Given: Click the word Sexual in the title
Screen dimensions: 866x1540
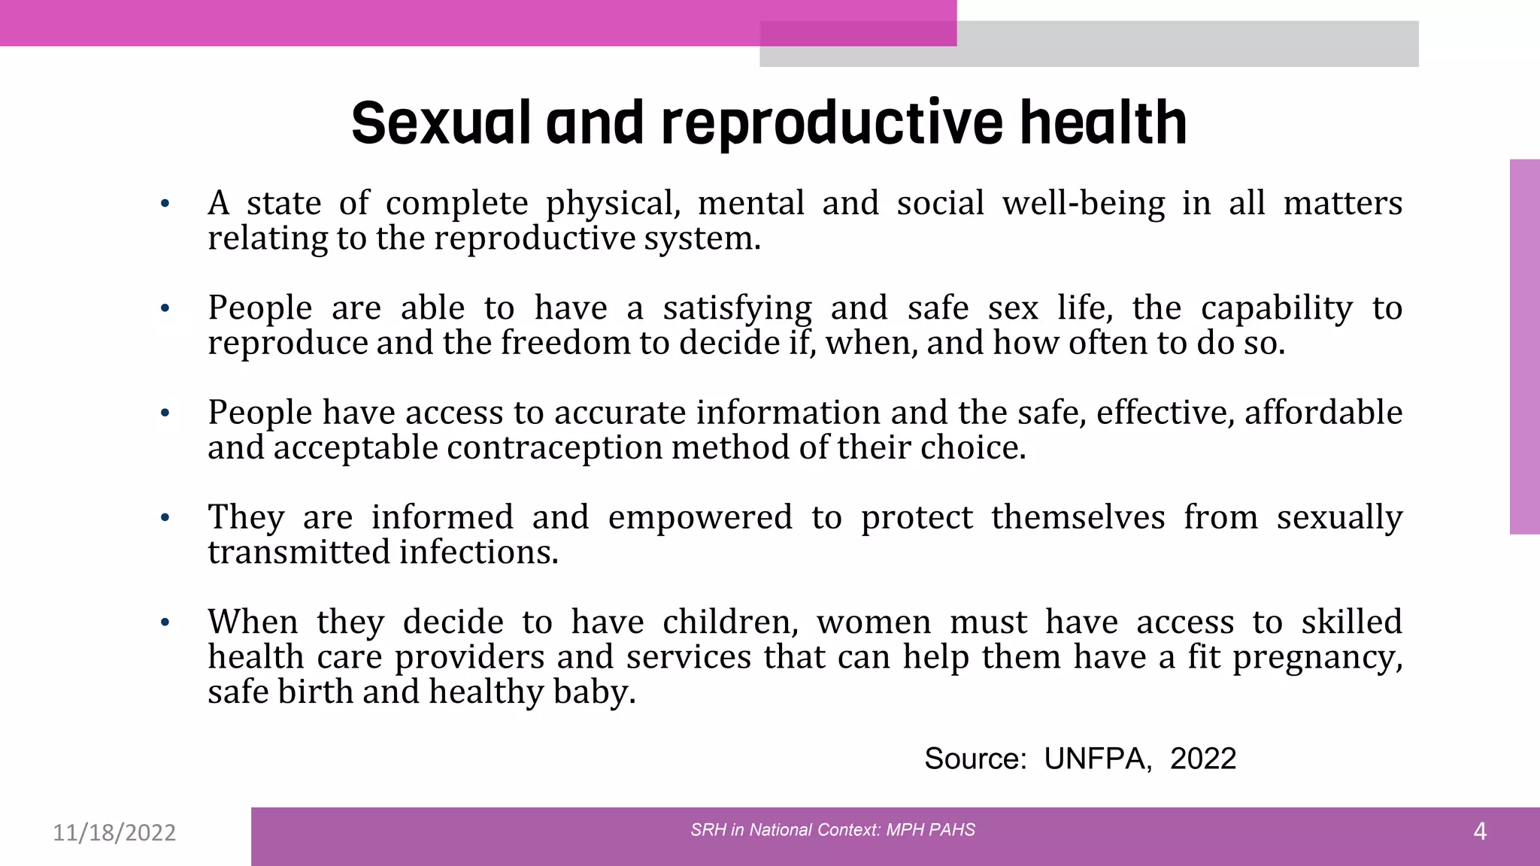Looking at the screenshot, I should click(x=441, y=123).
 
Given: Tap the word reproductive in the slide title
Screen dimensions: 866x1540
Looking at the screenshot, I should click(x=831, y=123).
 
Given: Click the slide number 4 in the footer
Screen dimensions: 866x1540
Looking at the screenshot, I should click(x=1479, y=831).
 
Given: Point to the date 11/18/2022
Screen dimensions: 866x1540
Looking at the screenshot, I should click(x=114, y=833).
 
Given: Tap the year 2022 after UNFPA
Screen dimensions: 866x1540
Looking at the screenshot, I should click(x=1202, y=759).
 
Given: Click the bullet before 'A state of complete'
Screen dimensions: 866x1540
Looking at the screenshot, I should click(x=165, y=204).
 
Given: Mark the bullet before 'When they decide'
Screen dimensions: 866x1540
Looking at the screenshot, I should click(x=165, y=622).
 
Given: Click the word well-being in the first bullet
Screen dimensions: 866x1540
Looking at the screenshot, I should click(x=1084, y=204).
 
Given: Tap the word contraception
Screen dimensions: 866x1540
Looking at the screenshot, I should click(x=555, y=448).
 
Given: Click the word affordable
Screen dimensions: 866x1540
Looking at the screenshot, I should click(x=1323, y=413).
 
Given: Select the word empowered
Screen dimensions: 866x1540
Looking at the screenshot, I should click(x=700, y=517).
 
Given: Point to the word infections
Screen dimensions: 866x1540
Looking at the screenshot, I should click(x=478, y=553).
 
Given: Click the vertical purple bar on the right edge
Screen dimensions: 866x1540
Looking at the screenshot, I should click(x=1524, y=347).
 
